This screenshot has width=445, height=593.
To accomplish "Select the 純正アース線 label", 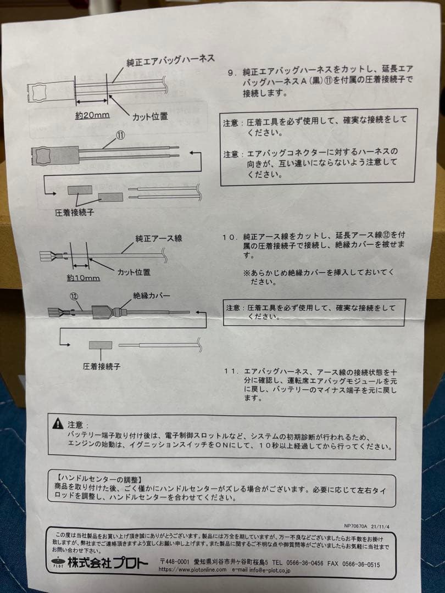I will pos(159,239).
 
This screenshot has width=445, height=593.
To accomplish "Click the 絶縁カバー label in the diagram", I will pos(152,296).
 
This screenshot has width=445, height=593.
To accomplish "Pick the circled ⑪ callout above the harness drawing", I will pos(120,133).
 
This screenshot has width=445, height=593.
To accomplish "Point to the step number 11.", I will pos(231,372).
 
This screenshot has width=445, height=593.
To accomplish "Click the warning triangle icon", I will pos(57,423).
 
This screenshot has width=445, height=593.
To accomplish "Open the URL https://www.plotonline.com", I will pos(192,570).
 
